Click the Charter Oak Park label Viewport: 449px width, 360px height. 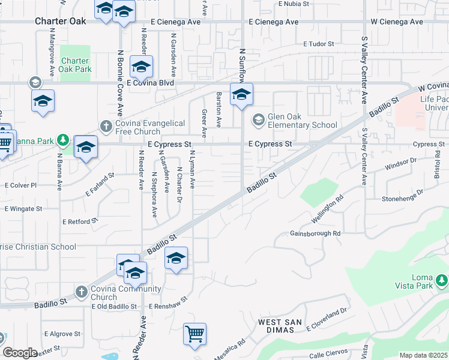click(76, 65)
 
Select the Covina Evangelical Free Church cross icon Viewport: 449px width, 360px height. click(106, 126)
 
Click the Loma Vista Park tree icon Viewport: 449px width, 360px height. click(442, 280)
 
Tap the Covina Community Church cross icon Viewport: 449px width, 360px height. click(82, 292)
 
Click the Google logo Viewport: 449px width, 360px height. click(20, 353)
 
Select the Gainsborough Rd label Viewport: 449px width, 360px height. click(315, 233)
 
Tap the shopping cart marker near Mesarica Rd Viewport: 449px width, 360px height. click(194, 334)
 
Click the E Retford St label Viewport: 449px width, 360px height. click(80, 221)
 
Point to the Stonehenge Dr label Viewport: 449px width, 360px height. click(402, 196)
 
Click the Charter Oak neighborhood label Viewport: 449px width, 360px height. click(60, 20)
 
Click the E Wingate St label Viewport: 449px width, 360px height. click(23, 209)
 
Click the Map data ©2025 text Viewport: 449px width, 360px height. click(423, 355)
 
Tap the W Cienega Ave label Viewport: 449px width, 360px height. click(397, 22)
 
